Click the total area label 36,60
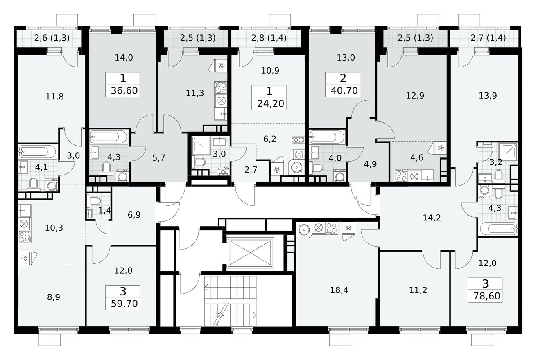[122, 90]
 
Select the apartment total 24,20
[269, 103]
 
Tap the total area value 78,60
[485, 296]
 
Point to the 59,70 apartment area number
[122, 304]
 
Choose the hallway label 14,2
[432, 218]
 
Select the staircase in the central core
[230, 301]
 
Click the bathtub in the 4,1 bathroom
[38, 152]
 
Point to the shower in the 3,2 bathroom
[508, 152]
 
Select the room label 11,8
[55, 97]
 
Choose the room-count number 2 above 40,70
[342, 79]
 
